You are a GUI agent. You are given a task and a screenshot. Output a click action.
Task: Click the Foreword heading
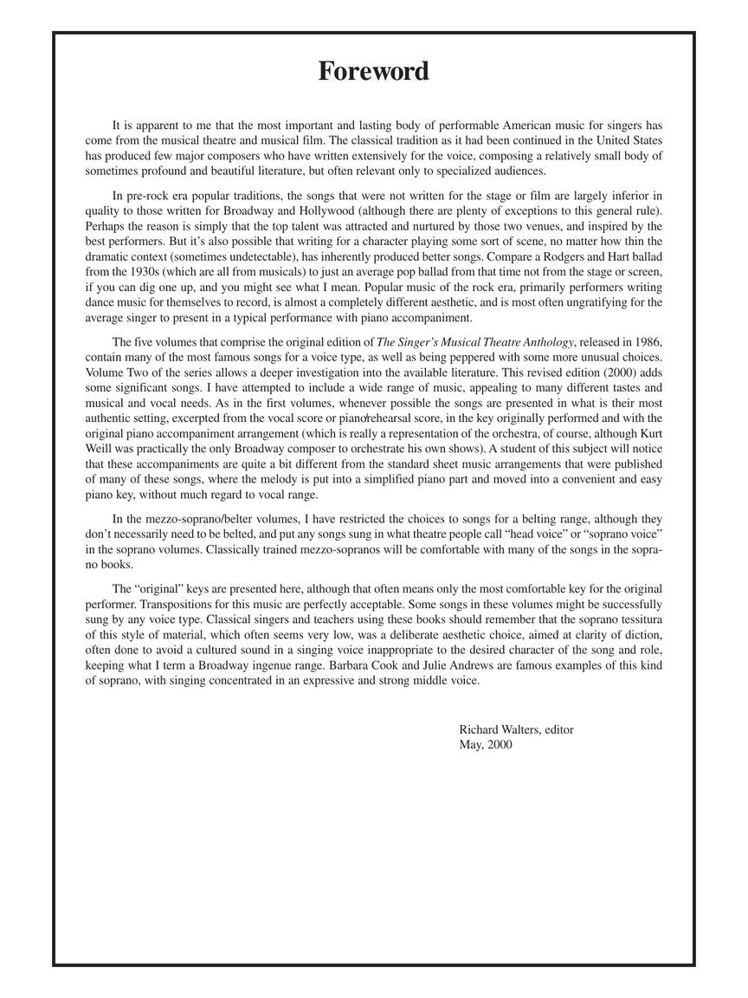(x=373, y=71)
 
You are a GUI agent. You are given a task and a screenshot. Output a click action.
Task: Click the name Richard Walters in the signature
(x=498, y=729)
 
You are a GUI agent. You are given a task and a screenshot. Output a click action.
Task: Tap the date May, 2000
(x=486, y=744)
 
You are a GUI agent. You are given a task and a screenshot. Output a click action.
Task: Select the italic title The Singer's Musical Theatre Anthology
(x=475, y=342)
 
